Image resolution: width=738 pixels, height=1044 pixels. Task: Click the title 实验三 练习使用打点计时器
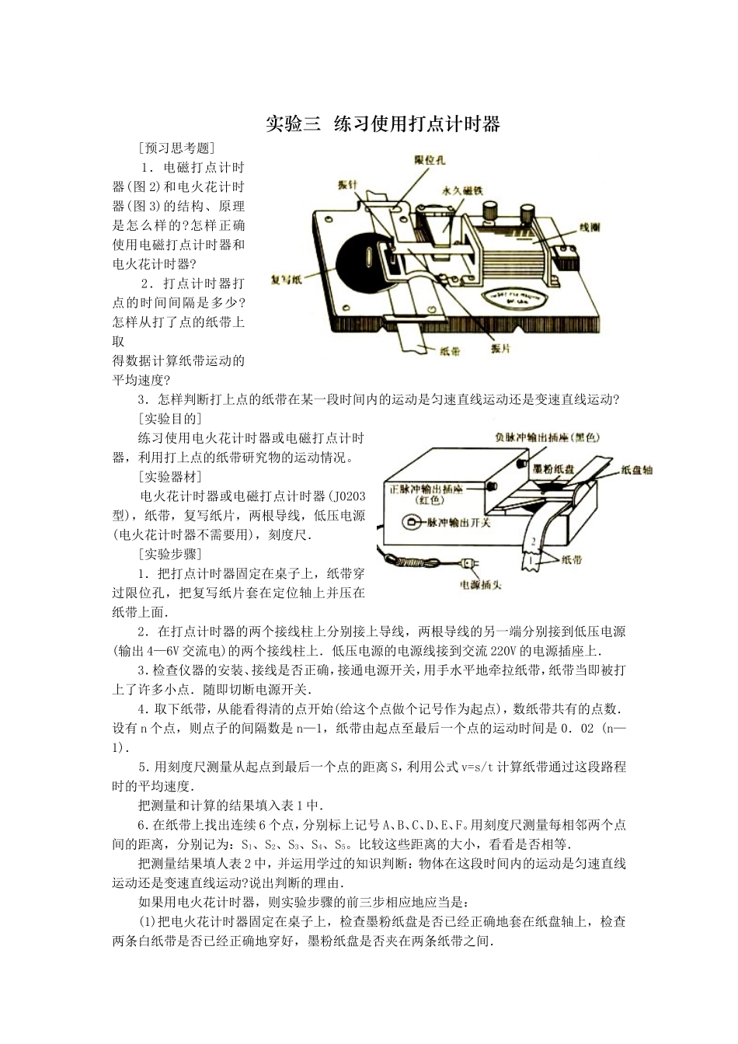[x=382, y=124]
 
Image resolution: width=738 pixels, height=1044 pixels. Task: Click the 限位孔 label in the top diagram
[x=429, y=160]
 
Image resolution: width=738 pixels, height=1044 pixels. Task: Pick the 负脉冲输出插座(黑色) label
[x=548, y=437]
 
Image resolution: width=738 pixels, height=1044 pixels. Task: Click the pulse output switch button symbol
[x=409, y=523]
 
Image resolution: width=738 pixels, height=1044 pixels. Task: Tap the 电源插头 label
[x=480, y=584]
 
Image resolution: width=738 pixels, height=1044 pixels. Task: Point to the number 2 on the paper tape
[x=534, y=541]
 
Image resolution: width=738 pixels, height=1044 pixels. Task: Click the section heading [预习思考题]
[x=176, y=148]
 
